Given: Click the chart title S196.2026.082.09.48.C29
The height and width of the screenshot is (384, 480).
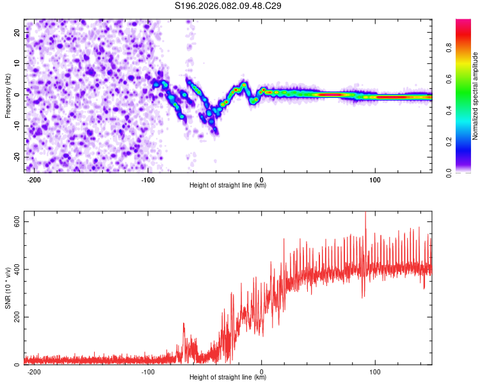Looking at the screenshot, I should pos(228,6).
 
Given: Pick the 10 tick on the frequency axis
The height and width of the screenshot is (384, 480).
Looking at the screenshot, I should pos(17,63).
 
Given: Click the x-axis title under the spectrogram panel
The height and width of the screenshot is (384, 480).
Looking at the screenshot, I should pos(228,186).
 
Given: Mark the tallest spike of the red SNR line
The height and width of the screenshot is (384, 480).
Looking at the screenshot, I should pos(365,214).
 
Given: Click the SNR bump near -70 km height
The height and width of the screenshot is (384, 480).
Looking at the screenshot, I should pos(184,326).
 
